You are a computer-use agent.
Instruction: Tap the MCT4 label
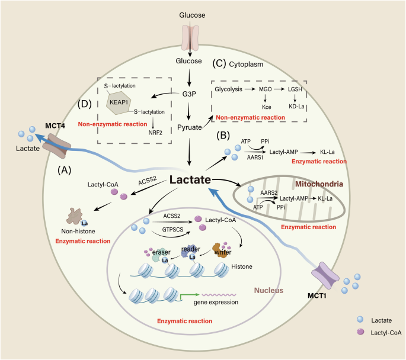55,124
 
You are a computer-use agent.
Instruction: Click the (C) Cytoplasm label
240,63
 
